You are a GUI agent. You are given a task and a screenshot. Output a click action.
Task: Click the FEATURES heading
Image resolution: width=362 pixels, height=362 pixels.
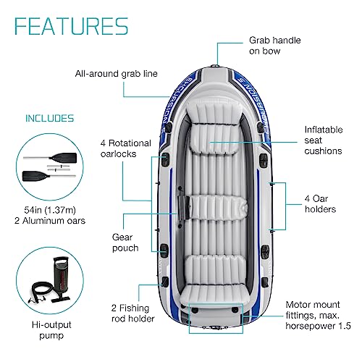click(x=71, y=26)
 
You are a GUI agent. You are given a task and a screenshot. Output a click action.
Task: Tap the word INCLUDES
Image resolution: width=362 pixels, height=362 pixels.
click(x=49, y=118)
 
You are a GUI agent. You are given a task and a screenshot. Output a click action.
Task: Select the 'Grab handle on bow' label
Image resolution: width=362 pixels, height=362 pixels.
click(x=275, y=46)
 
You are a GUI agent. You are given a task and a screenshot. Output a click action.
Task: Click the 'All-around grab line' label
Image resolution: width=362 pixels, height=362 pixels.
click(x=116, y=74)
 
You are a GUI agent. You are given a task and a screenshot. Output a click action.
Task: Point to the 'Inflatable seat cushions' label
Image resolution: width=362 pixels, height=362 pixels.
click(x=324, y=140)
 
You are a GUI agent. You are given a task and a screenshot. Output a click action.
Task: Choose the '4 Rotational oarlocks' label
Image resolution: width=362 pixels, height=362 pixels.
click(x=126, y=148)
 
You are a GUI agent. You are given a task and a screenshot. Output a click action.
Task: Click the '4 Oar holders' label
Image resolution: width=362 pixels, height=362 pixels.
click(x=320, y=204)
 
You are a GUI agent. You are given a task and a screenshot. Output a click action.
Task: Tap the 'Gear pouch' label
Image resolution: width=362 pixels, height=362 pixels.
click(x=125, y=243)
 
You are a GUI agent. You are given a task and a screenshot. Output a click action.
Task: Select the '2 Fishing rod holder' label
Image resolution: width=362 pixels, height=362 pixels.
click(x=132, y=313)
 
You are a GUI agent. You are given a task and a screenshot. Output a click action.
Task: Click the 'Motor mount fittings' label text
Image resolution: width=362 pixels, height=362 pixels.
click(x=318, y=315)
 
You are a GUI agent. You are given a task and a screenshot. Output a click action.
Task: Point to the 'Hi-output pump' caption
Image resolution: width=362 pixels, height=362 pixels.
click(x=51, y=330)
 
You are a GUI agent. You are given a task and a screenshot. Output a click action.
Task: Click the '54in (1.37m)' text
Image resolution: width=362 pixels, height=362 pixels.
click(x=50, y=210)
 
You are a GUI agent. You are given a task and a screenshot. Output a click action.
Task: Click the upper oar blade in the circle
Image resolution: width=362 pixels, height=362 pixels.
click(x=63, y=157)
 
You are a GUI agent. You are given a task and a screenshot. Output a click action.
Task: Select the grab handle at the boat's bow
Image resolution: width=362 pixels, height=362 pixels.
click(x=215, y=66)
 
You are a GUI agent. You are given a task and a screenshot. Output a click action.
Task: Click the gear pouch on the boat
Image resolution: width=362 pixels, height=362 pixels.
click(x=184, y=208)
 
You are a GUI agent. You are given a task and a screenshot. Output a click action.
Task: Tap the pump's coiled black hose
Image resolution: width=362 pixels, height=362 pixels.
click(x=41, y=291)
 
